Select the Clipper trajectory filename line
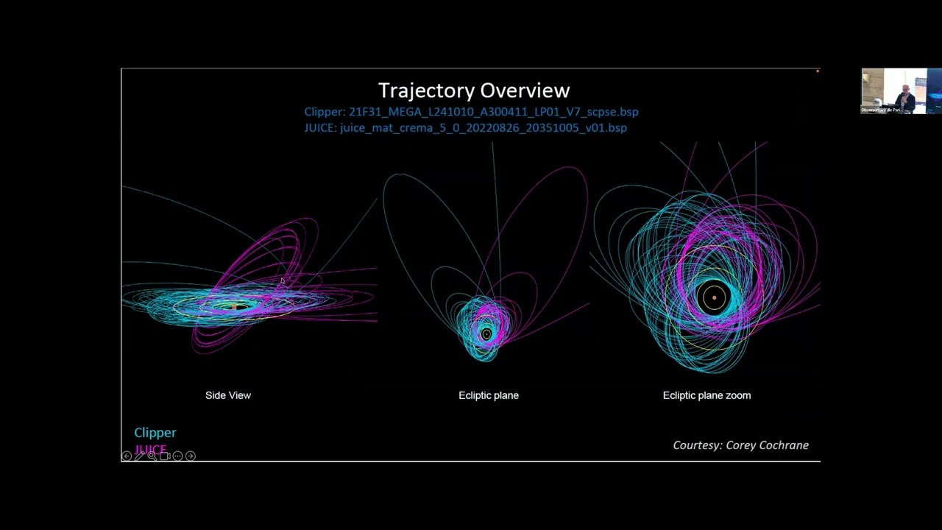pyautogui.click(x=471, y=112)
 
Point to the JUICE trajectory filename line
pyautogui.click(x=465, y=127)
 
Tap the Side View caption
pyautogui.click(x=228, y=395)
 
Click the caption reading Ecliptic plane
pyautogui.click(x=489, y=395)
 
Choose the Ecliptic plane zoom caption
pyautogui.click(x=706, y=395)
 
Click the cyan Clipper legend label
pyautogui.click(x=155, y=433)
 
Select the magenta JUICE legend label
pyautogui.click(x=151, y=449)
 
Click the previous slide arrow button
pyautogui.click(x=127, y=456)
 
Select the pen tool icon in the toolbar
pyautogui.click(x=139, y=456)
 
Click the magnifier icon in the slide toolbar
pyautogui.click(x=152, y=456)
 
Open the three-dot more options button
pyautogui.click(x=177, y=456)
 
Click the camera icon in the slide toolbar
pyautogui.click(x=165, y=456)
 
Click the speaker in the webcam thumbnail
pyautogui.click(x=906, y=96)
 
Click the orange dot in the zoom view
pyautogui.click(x=714, y=298)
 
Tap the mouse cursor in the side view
pyautogui.click(x=282, y=281)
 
